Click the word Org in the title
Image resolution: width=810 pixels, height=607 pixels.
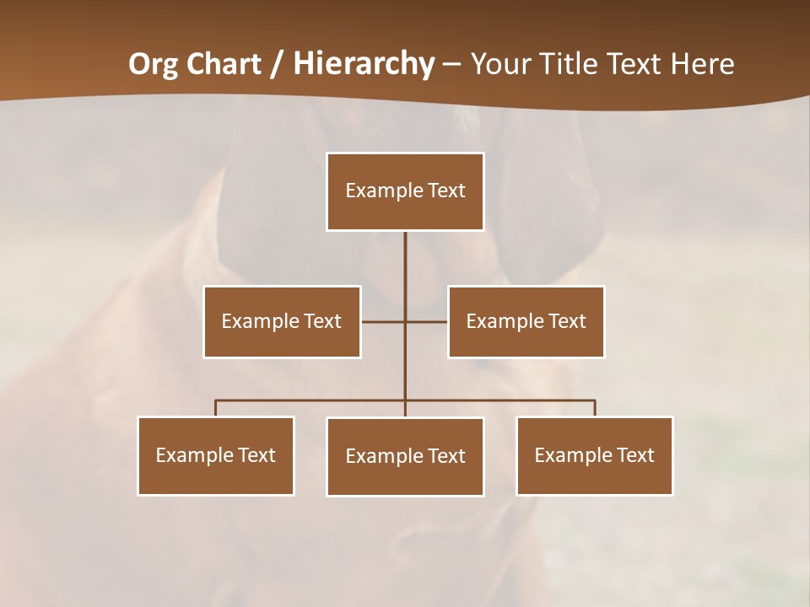tap(152, 64)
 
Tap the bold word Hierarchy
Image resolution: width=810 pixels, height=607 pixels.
tap(363, 64)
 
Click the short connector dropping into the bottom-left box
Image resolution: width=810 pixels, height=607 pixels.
tap(215, 408)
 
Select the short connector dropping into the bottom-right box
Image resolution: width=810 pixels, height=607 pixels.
tap(595, 408)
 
